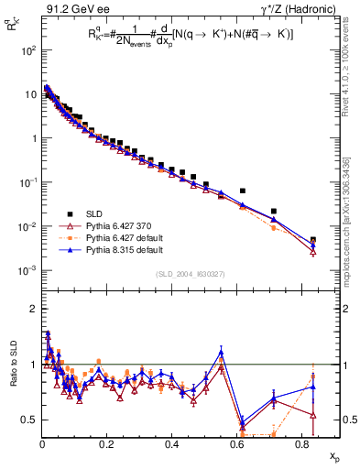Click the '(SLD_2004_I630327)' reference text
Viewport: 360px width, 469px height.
tap(190, 300)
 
